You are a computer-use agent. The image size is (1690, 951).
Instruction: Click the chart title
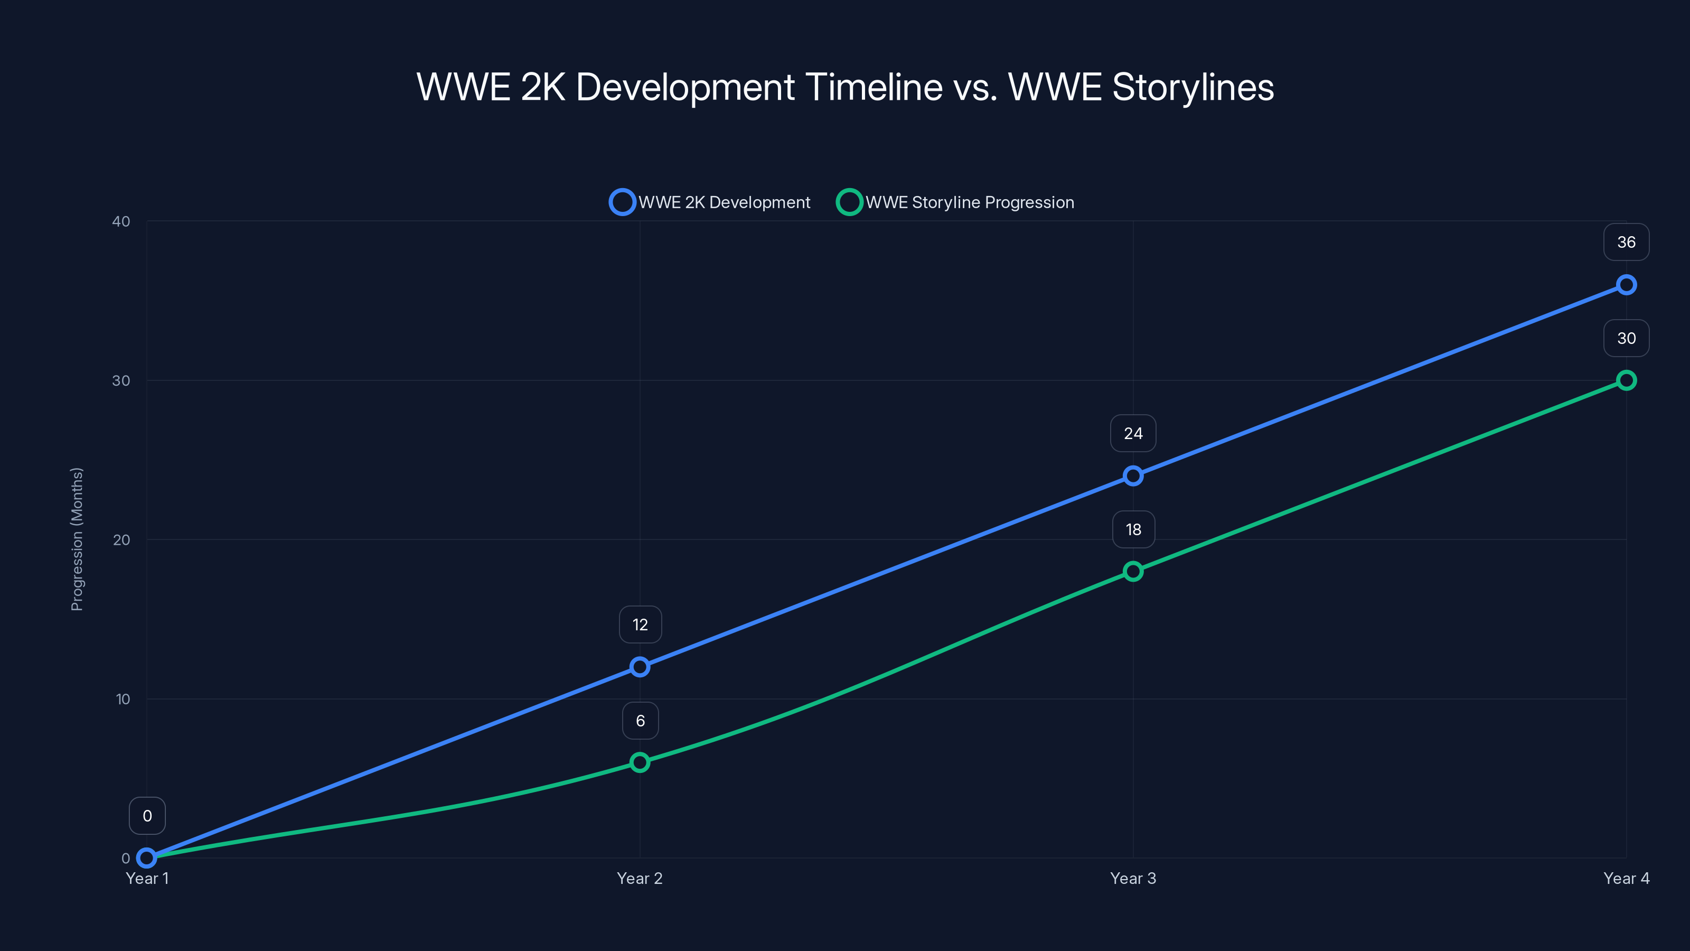point(845,87)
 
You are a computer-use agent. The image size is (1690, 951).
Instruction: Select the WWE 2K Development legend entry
point(710,202)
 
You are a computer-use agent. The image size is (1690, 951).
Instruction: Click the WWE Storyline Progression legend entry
point(956,202)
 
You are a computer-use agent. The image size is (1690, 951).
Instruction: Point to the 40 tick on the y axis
point(121,221)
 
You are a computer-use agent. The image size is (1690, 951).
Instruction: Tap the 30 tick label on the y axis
point(121,380)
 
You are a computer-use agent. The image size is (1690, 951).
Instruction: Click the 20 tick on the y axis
point(121,540)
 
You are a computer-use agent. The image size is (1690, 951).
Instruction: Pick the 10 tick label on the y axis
point(123,699)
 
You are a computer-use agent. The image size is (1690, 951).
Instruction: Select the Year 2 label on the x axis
point(640,878)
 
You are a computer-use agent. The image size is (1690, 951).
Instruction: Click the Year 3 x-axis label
point(1133,878)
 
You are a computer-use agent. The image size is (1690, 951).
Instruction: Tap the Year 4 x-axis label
point(1626,878)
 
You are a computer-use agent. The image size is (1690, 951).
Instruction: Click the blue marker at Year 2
point(640,667)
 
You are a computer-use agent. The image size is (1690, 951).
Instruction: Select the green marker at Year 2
point(640,762)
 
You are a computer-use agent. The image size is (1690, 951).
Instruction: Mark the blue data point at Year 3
point(1133,476)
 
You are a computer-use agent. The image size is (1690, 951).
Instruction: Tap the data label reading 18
point(1133,529)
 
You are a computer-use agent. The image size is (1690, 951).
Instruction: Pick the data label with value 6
point(640,721)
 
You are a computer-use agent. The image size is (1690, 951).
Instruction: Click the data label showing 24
point(1133,434)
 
